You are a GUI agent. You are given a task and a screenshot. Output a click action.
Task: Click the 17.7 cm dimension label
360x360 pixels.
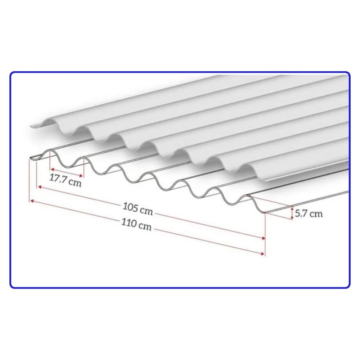(66, 180)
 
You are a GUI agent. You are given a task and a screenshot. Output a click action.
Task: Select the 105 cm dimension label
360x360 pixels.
(138, 209)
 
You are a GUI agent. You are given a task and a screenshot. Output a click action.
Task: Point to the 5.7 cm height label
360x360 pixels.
(309, 213)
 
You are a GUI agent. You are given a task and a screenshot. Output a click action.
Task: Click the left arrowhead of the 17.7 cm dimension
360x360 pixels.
(52, 170)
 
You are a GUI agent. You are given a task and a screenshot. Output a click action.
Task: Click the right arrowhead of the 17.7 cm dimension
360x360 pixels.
(81, 176)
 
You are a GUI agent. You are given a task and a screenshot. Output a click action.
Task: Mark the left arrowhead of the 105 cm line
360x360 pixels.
(40, 187)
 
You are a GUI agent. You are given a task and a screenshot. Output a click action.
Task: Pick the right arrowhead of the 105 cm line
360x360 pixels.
(263, 238)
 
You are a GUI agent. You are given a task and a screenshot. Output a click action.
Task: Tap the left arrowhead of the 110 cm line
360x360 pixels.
(32, 201)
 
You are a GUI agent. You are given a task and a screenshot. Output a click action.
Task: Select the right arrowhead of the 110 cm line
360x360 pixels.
(263, 253)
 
